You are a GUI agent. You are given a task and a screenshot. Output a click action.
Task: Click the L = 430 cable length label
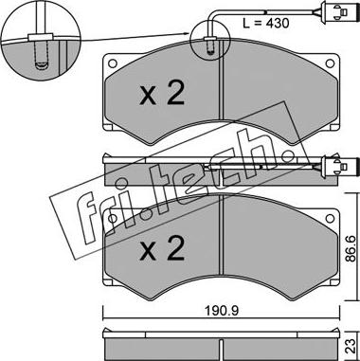[x=265, y=23]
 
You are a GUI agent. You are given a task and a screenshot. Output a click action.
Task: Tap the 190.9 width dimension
[x=222, y=311]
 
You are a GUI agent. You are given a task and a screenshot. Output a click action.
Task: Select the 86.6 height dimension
[x=350, y=247]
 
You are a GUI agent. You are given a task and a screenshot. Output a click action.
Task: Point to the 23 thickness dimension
[x=350, y=347]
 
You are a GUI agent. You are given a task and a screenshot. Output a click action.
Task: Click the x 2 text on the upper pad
[x=162, y=94]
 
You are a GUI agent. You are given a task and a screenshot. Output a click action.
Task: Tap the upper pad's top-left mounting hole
[x=112, y=63]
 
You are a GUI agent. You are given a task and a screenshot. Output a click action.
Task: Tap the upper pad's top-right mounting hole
[x=330, y=63]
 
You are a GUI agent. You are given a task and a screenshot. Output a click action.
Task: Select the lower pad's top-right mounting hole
[x=330, y=218]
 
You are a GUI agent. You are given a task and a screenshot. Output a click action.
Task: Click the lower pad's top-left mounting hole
[x=112, y=218]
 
